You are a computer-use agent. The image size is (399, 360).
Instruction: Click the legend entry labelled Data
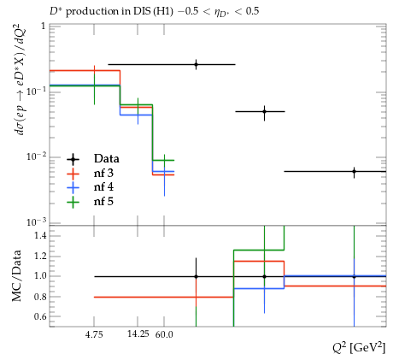point(92,159)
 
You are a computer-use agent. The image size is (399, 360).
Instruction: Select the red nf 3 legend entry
point(90,173)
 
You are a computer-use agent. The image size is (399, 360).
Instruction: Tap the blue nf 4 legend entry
point(90,187)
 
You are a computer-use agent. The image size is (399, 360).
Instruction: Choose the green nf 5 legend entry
point(90,202)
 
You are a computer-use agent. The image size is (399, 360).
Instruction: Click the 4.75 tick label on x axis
point(94,334)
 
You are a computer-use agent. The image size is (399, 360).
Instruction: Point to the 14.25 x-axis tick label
point(138,333)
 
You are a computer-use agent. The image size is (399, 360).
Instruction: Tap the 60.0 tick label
point(164,334)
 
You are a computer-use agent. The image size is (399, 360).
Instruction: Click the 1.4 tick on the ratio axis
point(40,235)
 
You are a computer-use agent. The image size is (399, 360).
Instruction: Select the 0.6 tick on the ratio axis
point(40,316)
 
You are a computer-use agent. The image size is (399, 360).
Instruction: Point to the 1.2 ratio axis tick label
point(40,256)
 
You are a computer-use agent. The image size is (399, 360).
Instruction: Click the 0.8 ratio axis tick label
point(40,297)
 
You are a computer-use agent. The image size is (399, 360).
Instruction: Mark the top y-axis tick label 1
point(44,27)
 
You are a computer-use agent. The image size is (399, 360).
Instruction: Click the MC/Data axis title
point(16,275)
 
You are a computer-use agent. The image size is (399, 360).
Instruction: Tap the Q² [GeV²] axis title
point(359,348)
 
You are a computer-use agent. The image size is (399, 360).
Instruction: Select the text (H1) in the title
point(163,11)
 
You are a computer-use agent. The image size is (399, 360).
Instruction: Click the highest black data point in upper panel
point(196,64)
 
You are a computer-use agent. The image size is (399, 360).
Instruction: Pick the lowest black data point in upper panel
point(354,172)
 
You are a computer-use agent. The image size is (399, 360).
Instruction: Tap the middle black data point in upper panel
point(265,111)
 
